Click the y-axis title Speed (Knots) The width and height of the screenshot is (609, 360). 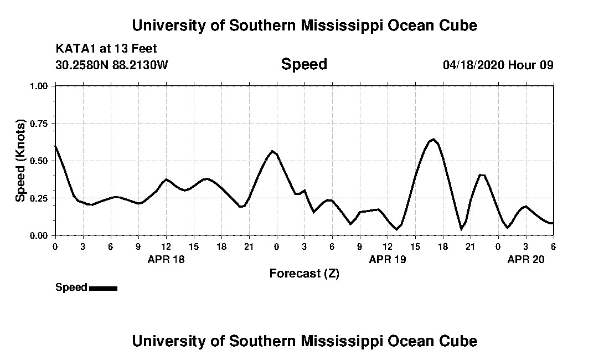click(20, 161)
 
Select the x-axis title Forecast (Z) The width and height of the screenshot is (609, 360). click(304, 273)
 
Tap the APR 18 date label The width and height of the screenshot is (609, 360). click(166, 259)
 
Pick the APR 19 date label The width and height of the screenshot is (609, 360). click(388, 259)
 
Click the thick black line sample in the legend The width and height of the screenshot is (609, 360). click(103, 288)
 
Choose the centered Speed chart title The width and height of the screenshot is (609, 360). click(304, 64)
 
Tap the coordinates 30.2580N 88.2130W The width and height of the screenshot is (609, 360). click(112, 65)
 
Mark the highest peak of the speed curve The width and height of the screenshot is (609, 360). click(433, 139)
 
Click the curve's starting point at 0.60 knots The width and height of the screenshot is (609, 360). click(55, 146)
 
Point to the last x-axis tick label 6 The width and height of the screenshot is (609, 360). click(553, 246)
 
